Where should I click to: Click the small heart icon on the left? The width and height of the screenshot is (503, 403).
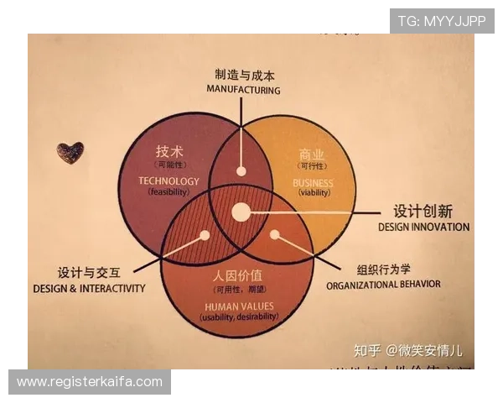pos(70,152)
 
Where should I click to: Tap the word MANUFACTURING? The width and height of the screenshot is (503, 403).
pos(244,90)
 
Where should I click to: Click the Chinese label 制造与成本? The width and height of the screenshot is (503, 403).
pos(244,75)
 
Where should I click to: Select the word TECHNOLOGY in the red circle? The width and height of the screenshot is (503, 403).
pos(169,181)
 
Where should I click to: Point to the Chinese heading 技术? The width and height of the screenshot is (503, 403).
pos(169,152)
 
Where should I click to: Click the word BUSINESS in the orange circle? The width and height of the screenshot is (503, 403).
pos(313,182)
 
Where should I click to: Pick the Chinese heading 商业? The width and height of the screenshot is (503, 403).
pos(312,154)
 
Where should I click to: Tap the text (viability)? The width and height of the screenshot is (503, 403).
pos(314,192)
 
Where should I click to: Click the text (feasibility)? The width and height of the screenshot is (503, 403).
pos(170,191)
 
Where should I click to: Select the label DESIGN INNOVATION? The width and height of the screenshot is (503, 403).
pos(423,227)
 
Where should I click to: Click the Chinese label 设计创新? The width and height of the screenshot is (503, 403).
pos(424,212)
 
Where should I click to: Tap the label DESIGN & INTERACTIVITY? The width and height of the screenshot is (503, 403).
pos(89,288)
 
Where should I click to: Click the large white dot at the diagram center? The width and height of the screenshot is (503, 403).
pos(241,212)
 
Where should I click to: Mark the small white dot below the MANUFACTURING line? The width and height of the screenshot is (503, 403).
pos(241,170)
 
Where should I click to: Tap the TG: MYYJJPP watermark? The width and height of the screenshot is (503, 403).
pos(442,20)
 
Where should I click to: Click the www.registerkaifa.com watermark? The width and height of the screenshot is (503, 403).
pos(90,382)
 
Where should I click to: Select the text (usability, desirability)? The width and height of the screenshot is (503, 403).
pos(238,317)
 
